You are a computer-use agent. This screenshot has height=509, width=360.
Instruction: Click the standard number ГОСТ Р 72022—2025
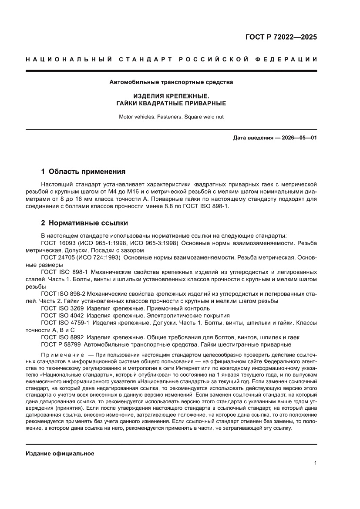[280, 37]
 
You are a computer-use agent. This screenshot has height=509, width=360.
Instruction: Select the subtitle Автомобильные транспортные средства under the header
[171, 82]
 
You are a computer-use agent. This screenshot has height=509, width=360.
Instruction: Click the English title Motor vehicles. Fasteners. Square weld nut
[171, 117]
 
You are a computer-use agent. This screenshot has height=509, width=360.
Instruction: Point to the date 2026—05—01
[294, 138]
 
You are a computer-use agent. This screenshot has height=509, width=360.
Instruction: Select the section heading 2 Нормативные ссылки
[84, 223]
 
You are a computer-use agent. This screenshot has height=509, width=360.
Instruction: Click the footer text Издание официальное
[60, 453]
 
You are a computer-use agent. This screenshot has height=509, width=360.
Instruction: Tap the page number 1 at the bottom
[315, 463]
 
